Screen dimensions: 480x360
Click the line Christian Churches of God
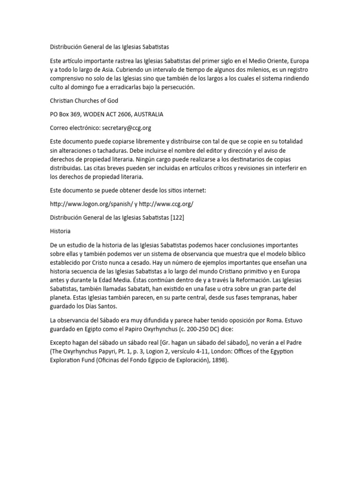[x=84, y=101]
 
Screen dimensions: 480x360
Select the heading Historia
[x=60, y=231]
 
